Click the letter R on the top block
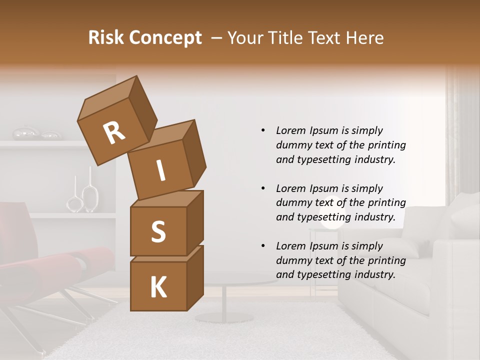click(114, 133)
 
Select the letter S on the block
click(158, 231)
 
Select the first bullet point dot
click(263, 130)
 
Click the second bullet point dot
click(263, 188)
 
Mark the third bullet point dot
click(263, 246)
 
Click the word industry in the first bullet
click(374, 159)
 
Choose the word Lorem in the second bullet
click(290, 188)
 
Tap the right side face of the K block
click(195, 277)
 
